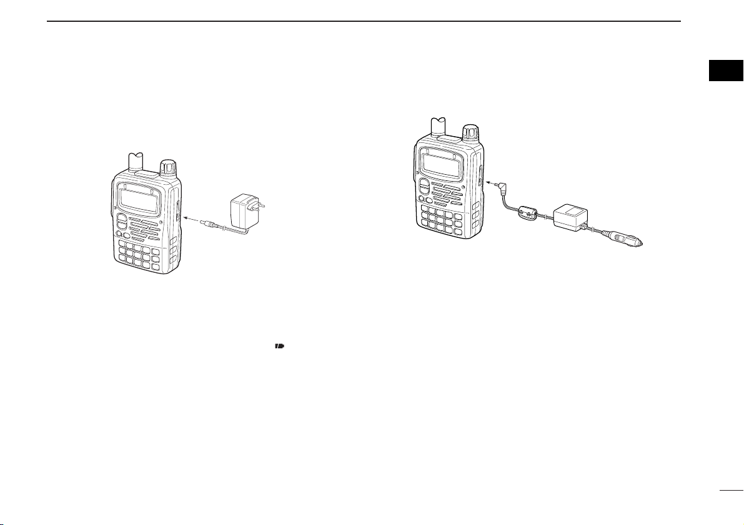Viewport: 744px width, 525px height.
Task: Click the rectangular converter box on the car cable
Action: click(568, 216)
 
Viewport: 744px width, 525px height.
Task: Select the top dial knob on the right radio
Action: click(470, 133)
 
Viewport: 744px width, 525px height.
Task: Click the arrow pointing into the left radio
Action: click(193, 220)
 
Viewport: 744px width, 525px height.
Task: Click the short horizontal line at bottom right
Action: click(730, 491)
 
